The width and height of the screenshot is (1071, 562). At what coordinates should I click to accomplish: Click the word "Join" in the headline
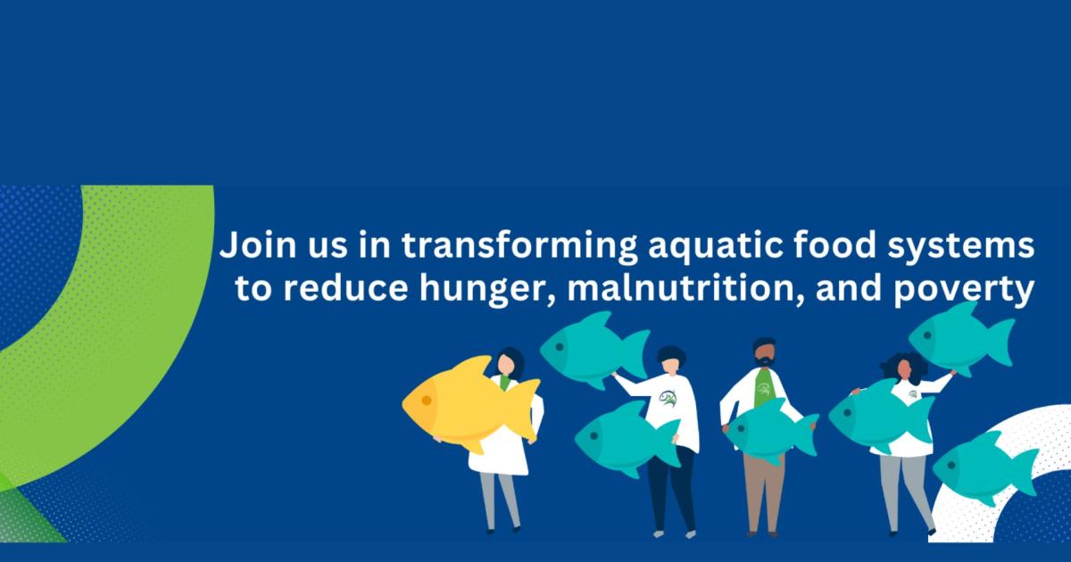coord(258,244)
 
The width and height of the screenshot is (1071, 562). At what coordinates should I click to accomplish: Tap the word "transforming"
coord(519,246)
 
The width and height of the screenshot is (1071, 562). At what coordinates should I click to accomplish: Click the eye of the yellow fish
coord(427,400)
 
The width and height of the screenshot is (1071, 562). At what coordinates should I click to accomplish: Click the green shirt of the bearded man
coord(765,387)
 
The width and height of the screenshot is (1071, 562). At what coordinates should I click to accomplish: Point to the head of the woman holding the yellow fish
coord(509,363)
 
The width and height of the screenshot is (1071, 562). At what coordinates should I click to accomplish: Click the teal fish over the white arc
coord(985,467)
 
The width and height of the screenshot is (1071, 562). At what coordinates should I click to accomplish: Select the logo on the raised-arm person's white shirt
coord(668,398)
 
